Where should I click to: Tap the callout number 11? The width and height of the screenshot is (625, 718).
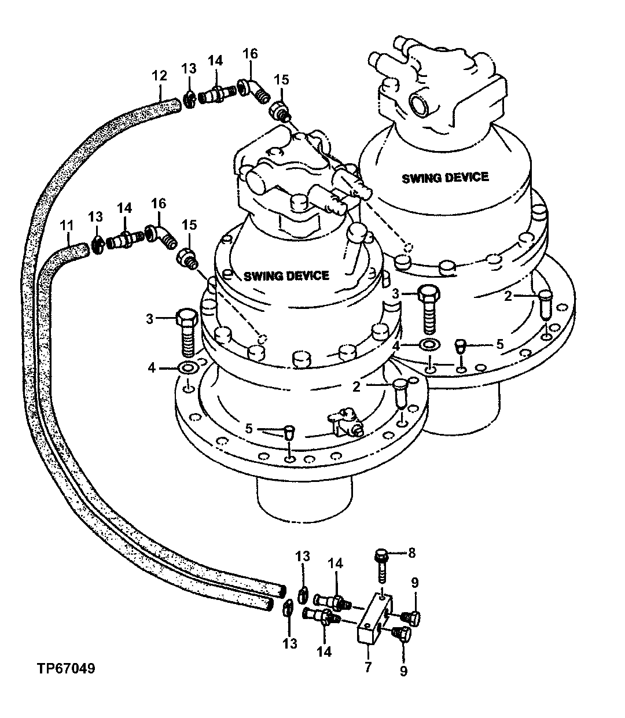point(67,223)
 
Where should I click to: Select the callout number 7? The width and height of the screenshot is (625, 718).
point(369,667)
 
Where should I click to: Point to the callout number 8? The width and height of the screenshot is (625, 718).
point(412,553)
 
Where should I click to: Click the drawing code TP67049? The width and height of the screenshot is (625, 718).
point(67,669)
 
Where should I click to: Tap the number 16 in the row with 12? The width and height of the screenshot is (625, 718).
point(249,54)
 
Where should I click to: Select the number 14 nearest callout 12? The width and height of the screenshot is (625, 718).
point(215,60)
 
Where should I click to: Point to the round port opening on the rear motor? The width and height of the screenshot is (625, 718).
point(419,105)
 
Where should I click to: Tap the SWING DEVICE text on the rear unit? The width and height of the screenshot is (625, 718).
point(445,176)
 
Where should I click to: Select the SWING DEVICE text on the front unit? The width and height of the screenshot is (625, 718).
point(286,275)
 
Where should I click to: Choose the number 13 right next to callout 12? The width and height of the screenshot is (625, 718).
point(189,69)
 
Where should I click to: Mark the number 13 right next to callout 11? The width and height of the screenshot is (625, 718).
point(95,216)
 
